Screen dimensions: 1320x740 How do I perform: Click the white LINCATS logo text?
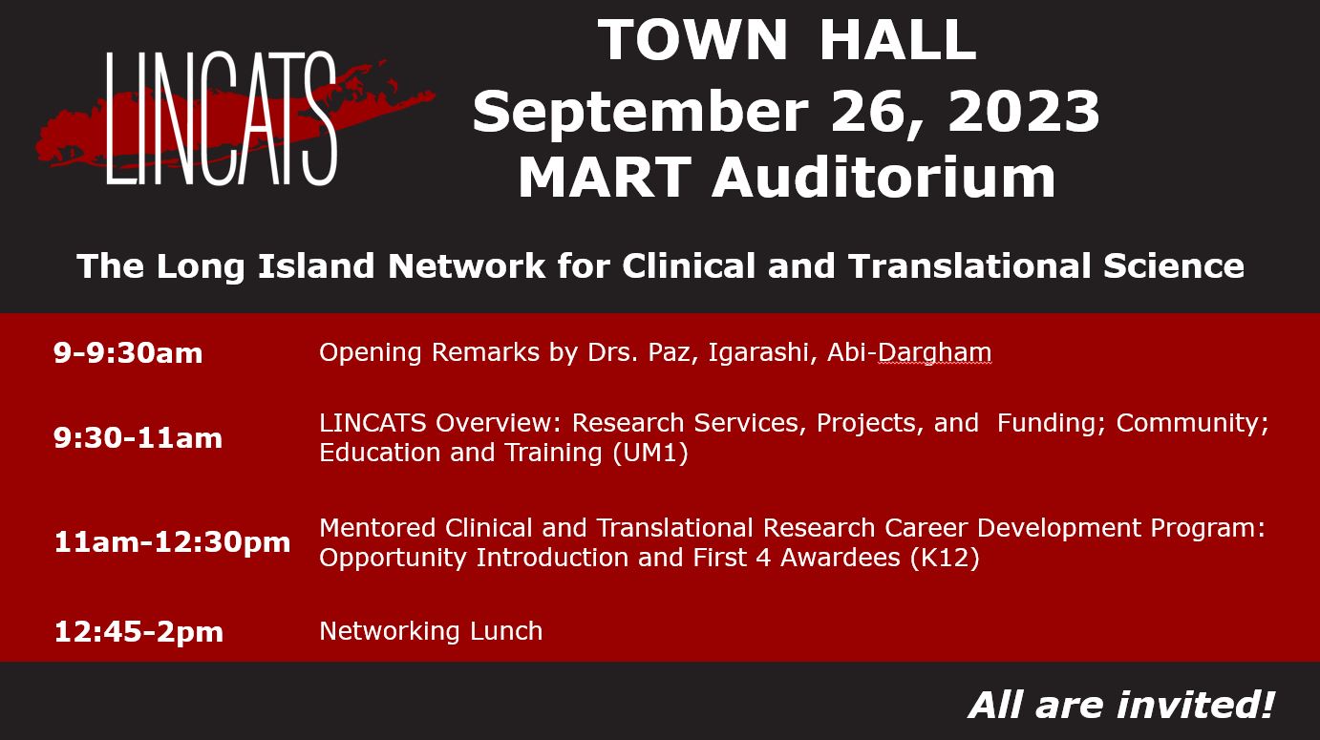coord(222,118)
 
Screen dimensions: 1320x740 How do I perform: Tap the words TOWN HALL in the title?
coord(787,39)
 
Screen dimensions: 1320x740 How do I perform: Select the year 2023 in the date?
coord(1024,112)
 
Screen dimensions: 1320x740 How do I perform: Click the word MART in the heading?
coord(605,178)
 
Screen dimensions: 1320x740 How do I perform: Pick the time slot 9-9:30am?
coord(128,353)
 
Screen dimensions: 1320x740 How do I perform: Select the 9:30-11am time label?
coord(138,437)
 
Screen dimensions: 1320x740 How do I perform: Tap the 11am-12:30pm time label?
coord(172,542)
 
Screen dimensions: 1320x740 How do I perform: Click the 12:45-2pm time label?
coord(138,631)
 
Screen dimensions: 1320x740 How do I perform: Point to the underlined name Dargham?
coord(935,353)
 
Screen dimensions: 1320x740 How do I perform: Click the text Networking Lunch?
coord(431,631)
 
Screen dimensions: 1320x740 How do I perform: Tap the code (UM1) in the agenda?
coord(650,454)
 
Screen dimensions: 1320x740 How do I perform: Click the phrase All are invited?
coord(1120,705)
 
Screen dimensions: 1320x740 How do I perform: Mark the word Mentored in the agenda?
coord(377,527)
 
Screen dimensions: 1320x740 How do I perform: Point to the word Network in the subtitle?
coord(466,265)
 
